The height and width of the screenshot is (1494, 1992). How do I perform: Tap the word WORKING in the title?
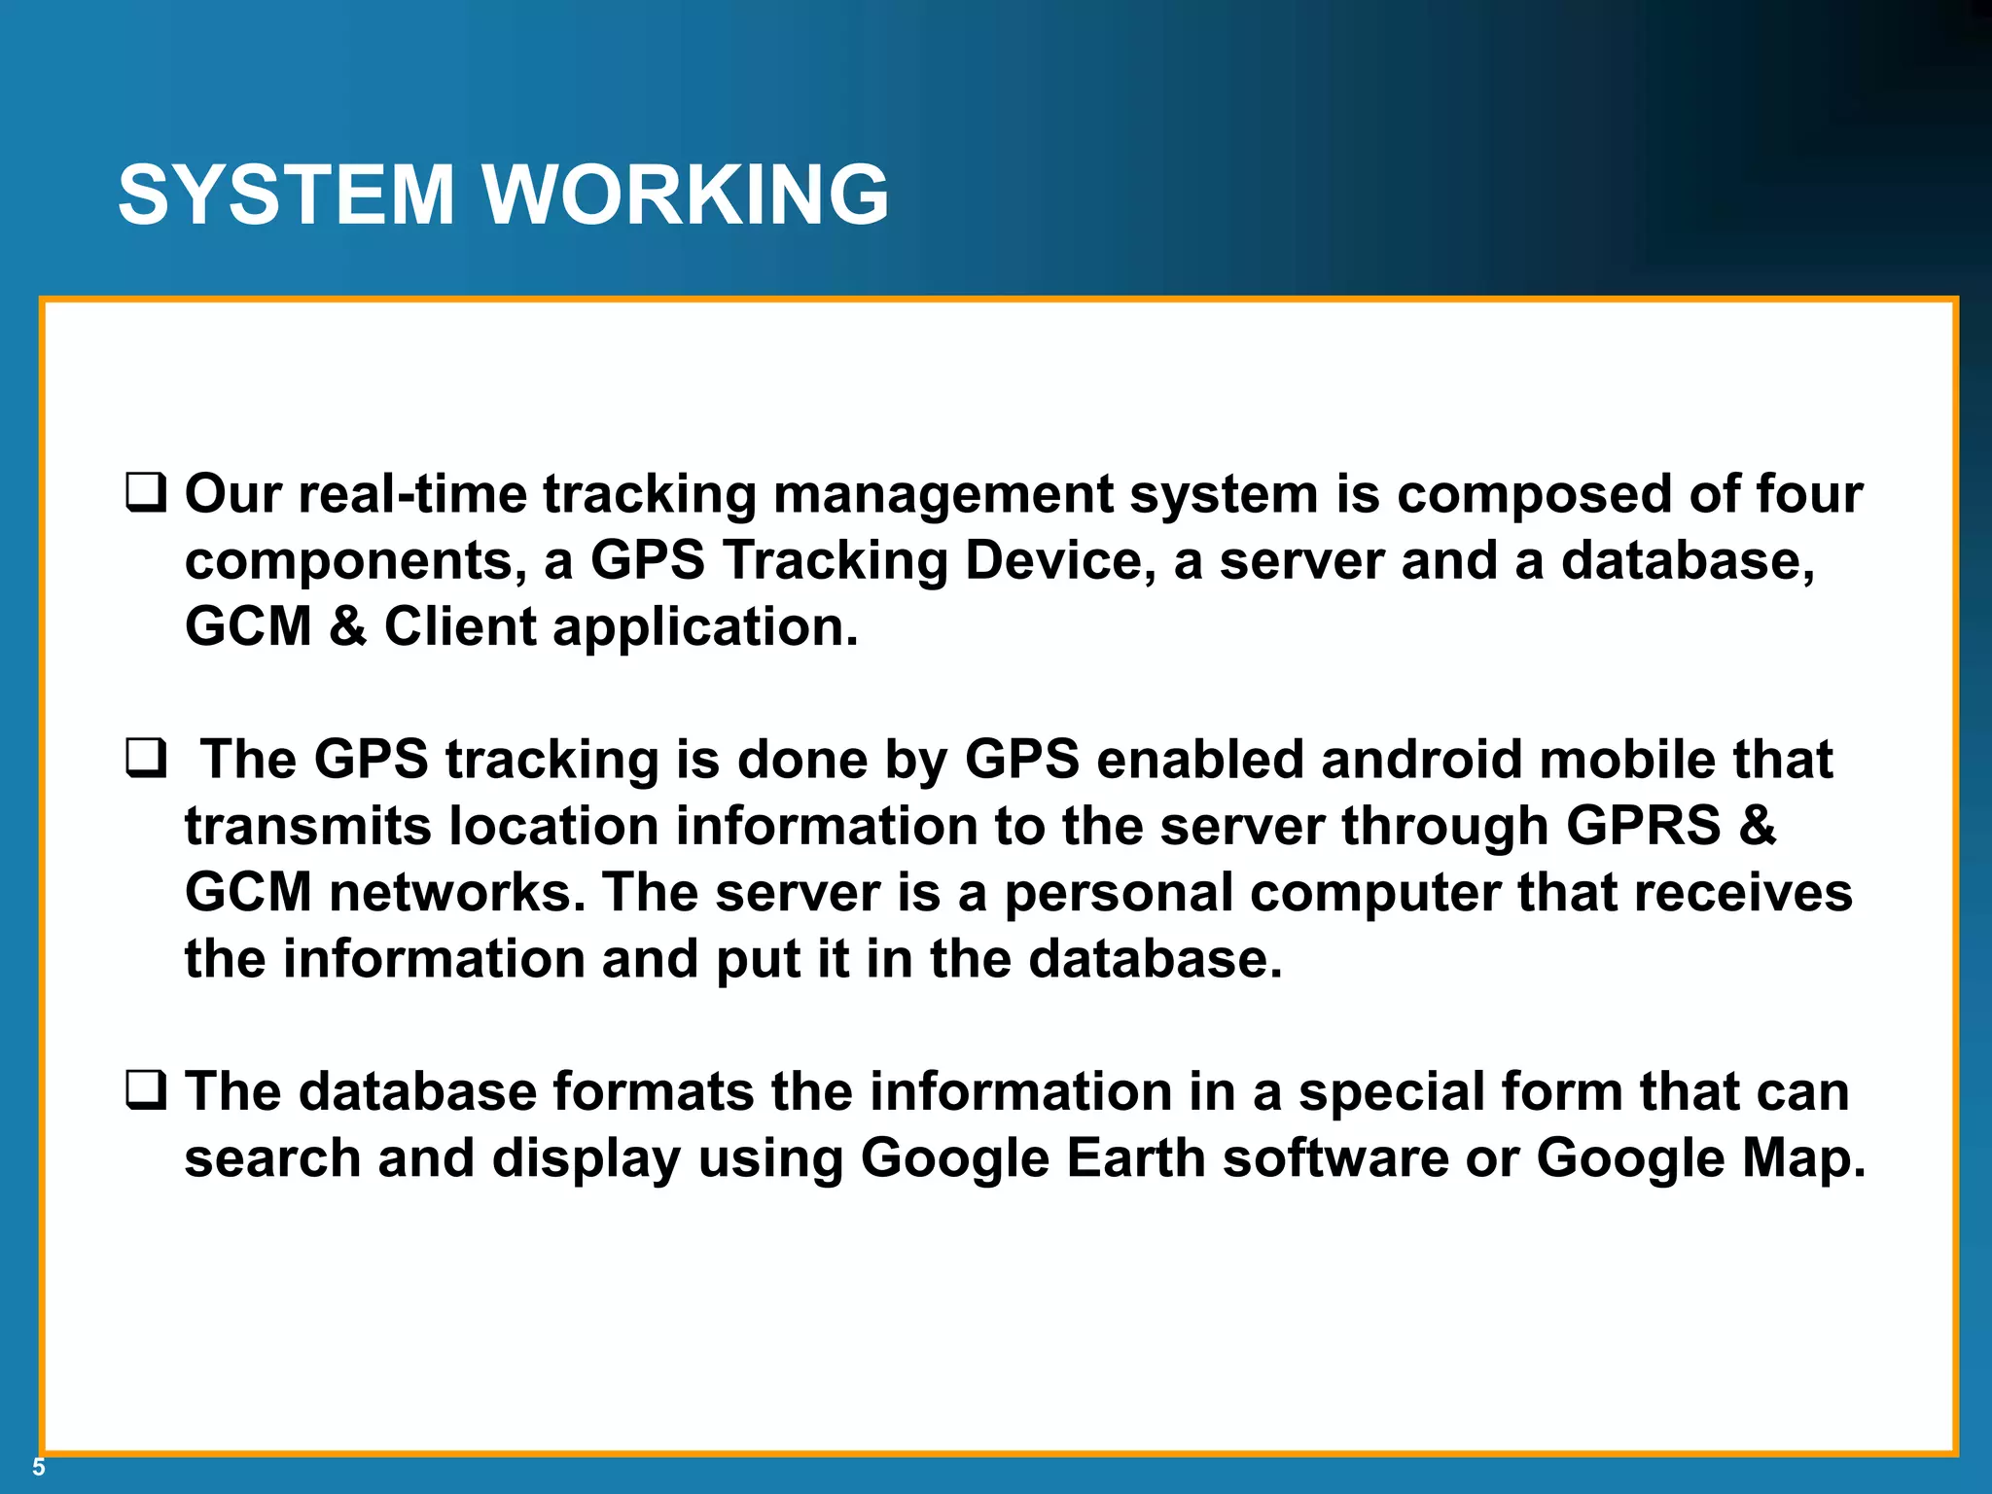(x=686, y=195)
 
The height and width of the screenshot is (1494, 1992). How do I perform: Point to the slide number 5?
(x=39, y=1468)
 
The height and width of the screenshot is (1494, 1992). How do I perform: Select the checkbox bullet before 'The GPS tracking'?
(x=146, y=758)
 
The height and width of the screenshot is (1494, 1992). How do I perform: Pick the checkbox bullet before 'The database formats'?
(x=146, y=1089)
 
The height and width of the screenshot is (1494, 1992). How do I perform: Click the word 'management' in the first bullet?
(x=942, y=494)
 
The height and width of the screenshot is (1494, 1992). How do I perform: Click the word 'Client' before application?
(x=460, y=626)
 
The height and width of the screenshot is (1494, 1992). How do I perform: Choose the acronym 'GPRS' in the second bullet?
(x=1643, y=826)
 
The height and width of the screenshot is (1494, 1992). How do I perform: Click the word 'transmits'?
(x=308, y=826)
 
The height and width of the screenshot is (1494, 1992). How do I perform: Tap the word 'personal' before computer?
(x=1119, y=893)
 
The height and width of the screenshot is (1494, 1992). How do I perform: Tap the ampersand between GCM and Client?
(x=348, y=626)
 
